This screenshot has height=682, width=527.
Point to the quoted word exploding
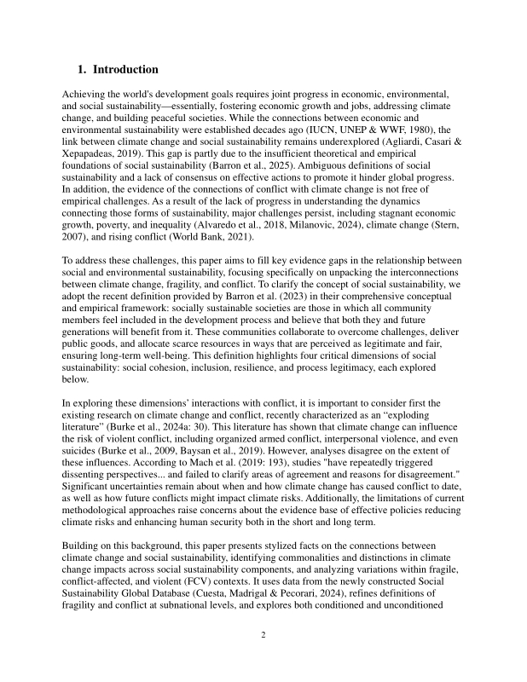tap(437, 413)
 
